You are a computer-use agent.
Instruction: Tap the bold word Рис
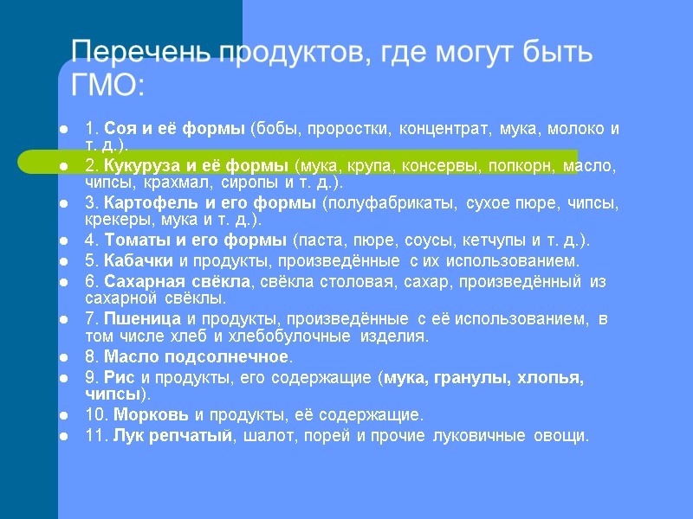click(x=120, y=378)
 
